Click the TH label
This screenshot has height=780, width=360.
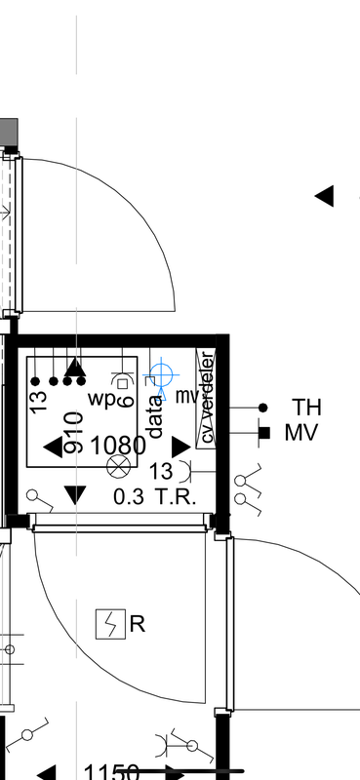pos(307,407)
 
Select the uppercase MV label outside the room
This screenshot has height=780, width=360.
pos(302,432)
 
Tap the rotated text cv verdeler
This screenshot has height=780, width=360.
pos(207,397)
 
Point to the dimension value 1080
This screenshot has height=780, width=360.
pos(118,446)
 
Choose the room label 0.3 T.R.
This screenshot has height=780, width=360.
pos(155,496)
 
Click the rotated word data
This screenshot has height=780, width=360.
pos(154,411)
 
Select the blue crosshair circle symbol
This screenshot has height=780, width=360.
pos(162,373)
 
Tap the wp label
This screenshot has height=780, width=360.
pos(101,398)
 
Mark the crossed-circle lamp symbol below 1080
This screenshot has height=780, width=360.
pos(118,466)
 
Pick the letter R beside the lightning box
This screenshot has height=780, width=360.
pos(138,624)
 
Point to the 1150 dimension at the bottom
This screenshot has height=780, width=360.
pos(111,772)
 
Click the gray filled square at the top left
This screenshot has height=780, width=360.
pos(8,131)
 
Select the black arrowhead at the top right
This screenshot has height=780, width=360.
pos(325,196)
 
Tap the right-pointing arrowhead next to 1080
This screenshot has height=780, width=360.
pos(180,447)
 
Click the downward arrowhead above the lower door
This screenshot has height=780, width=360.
pos(74,494)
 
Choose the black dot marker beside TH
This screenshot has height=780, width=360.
pos(261,408)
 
